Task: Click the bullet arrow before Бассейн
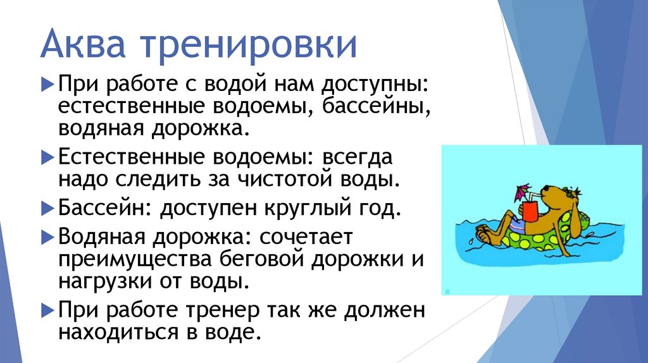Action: click(x=49, y=207)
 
